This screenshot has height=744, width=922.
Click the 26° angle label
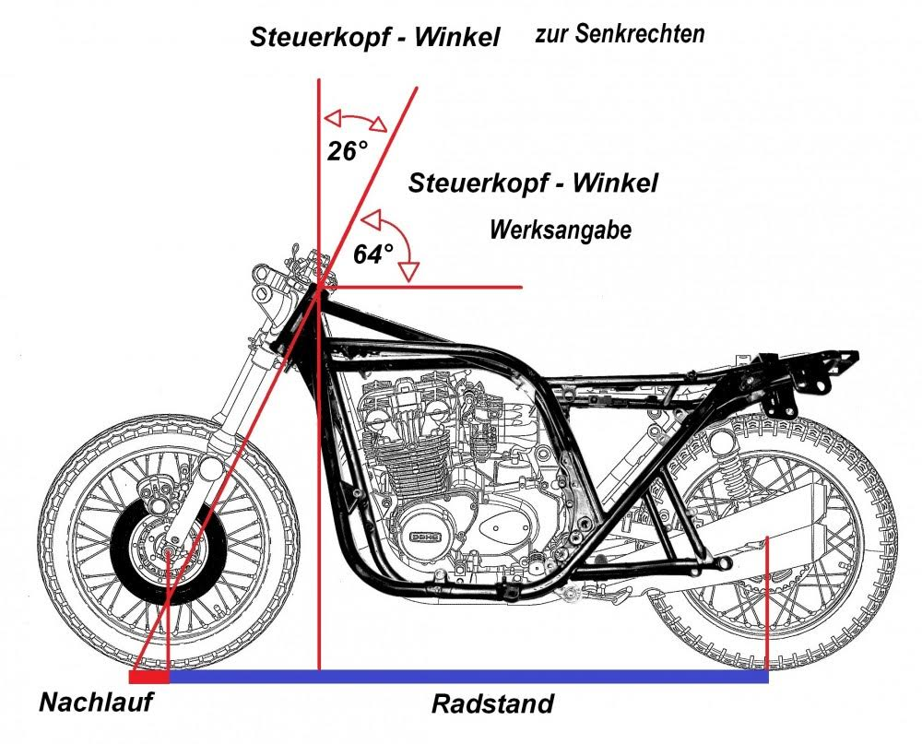coord(348,150)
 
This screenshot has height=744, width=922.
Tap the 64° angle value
coord(372,254)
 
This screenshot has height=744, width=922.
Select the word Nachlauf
coord(96,703)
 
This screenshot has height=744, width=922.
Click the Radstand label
coord(493,705)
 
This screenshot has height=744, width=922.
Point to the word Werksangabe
coord(561,230)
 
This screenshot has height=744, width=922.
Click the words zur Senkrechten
coord(620,35)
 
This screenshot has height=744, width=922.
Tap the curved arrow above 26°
coord(354,121)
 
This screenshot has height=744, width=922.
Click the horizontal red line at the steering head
coord(433,287)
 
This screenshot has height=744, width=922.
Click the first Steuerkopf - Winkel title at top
coord(375,38)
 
